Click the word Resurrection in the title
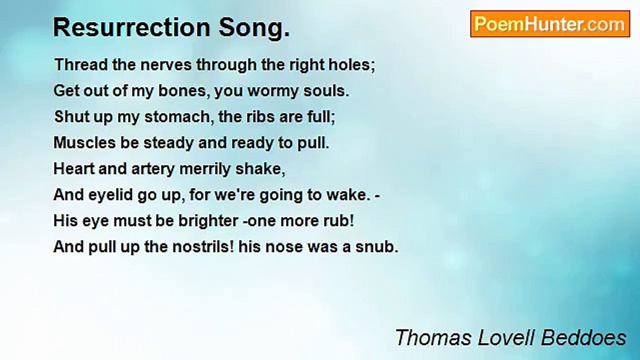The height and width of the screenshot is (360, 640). point(132,27)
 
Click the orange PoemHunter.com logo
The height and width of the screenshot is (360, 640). point(550,24)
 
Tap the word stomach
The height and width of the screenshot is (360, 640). point(179,117)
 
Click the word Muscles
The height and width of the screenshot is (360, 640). point(84,142)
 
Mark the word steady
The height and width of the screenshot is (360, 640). point(168,143)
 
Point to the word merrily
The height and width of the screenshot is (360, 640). point(204,169)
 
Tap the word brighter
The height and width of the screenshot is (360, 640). point(208,221)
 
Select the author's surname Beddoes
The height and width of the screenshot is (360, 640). point(583,337)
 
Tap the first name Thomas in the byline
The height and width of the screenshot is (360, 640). point(433,337)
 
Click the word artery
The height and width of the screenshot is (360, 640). point(153,169)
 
